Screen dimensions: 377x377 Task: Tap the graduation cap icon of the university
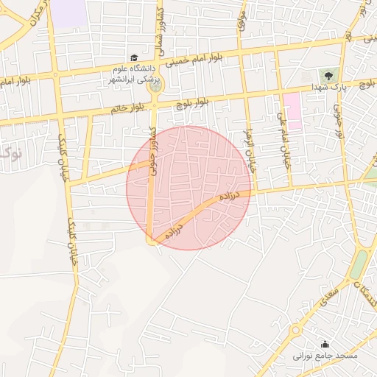coord(133,57)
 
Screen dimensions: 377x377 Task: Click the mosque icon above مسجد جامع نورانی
coord(325,344)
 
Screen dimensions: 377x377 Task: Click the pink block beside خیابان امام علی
coord(292,111)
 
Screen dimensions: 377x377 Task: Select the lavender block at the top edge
coord(68,14)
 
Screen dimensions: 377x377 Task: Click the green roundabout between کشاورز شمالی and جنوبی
coord(155,87)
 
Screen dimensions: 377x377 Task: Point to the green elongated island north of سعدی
coord(359,264)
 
